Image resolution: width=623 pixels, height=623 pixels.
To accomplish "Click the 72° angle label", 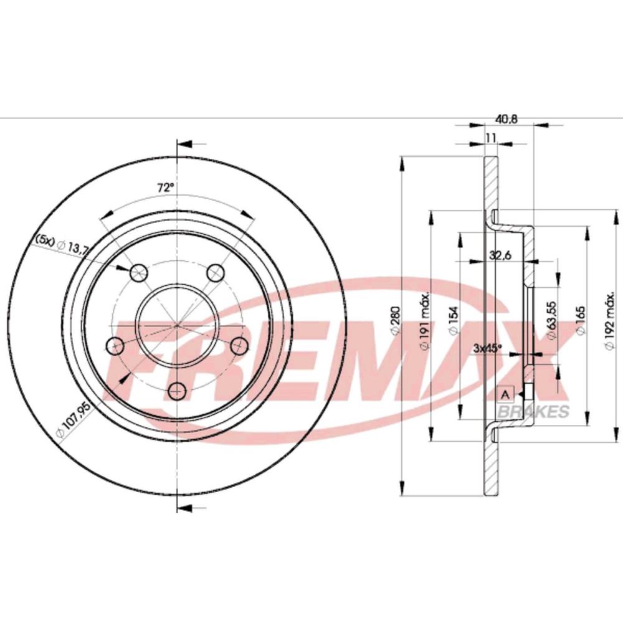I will [x=164, y=187].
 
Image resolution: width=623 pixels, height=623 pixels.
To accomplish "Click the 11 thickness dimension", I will [x=490, y=138].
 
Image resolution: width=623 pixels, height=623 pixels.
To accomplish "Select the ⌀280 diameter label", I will [x=394, y=324].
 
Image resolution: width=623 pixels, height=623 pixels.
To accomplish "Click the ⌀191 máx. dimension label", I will [x=424, y=324].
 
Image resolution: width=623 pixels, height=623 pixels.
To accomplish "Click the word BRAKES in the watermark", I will [x=532, y=412].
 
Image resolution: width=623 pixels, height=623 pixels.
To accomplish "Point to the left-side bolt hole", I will [x=115, y=345].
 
